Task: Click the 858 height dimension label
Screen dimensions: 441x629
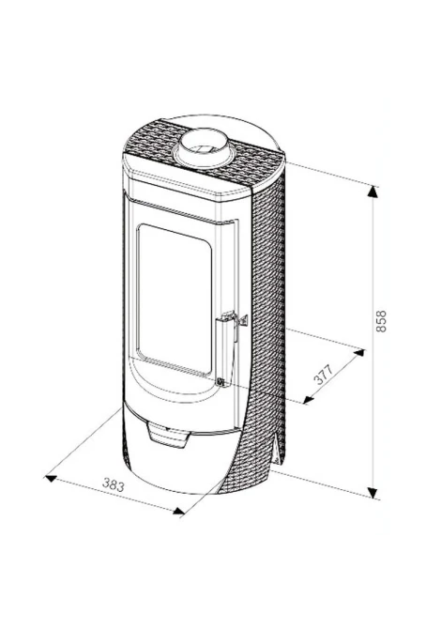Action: pos(381,321)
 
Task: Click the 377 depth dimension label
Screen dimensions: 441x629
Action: pos(324,375)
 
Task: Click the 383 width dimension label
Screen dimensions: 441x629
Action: pos(114,484)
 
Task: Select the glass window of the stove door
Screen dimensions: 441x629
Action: pos(175,300)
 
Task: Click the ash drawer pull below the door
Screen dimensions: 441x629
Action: pos(169,435)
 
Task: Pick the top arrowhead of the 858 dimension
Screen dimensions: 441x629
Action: pos(373,192)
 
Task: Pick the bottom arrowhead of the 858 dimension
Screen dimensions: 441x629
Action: pos(373,492)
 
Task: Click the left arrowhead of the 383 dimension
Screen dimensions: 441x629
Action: pos(51,478)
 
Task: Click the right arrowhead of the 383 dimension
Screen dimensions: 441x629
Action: pos(178,511)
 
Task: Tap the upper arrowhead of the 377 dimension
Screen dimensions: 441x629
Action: pos(358,353)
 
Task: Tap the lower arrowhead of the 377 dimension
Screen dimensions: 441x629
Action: pos(309,399)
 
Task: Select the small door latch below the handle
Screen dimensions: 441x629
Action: pos(220,382)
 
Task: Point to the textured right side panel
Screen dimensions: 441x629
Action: pos(266,321)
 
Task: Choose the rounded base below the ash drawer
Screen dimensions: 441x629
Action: pos(176,466)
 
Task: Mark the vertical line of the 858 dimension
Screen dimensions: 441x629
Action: pos(373,342)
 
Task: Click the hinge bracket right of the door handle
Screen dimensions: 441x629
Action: pos(243,321)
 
